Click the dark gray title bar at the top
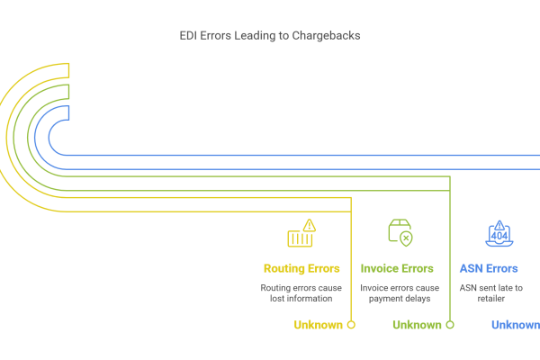click(x=270, y=37)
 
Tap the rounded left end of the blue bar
click(x=40, y=138)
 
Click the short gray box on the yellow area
click(x=305, y=293)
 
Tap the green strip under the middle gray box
click(x=423, y=325)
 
